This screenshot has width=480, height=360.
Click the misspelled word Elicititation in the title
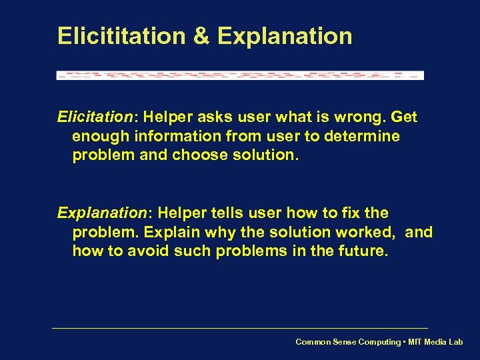point(123,36)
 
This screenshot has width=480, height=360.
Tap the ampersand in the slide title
point(202,36)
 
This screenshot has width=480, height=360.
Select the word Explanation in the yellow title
point(285,36)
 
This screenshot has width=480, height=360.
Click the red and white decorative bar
point(240,75)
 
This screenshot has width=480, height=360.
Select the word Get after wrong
point(404,117)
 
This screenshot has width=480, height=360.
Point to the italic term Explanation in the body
point(101,213)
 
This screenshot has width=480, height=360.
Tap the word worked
point(368,233)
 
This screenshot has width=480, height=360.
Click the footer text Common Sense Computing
point(349,342)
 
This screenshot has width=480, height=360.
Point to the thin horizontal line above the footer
point(240,328)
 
